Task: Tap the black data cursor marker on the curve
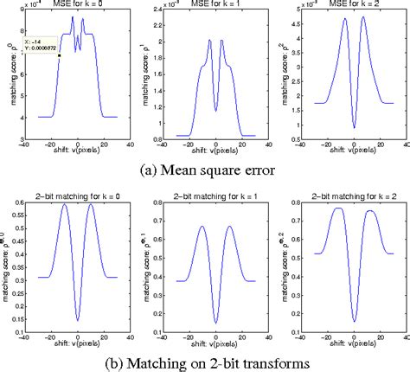pyautogui.click(x=60, y=56)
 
